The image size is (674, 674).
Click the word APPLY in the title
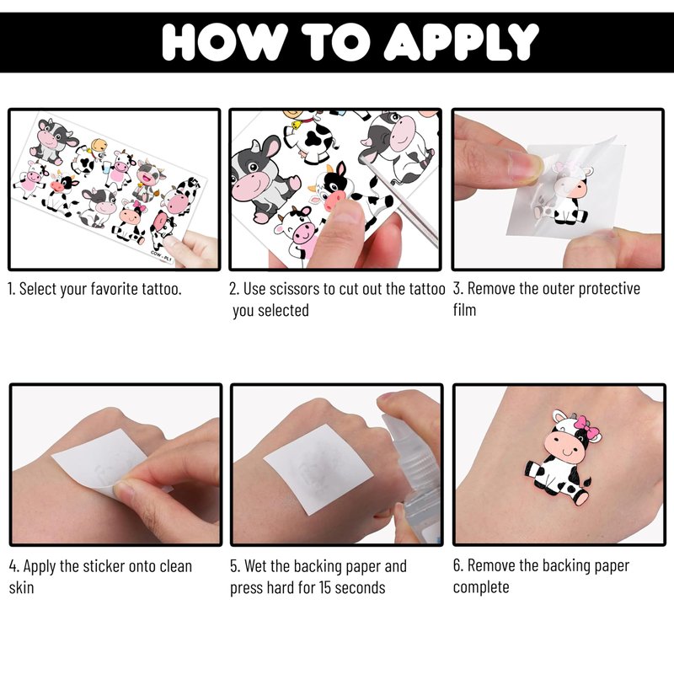(461, 41)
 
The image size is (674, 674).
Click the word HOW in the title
(225, 41)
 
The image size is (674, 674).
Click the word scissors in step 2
(297, 289)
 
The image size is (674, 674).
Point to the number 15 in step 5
(324, 587)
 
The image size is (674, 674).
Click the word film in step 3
(464, 310)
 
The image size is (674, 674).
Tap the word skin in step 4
(21, 587)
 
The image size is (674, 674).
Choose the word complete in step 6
(481, 587)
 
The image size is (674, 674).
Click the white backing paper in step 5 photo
(318, 468)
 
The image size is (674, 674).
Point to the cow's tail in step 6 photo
(586, 480)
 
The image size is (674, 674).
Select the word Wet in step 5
(256, 566)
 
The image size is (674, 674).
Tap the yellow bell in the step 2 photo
(297, 125)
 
